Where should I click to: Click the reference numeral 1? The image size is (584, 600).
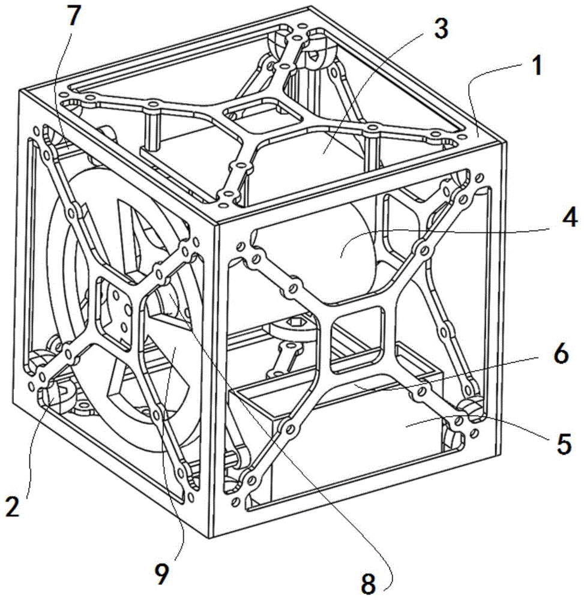click(538, 66)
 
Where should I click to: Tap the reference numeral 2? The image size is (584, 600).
click(12, 505)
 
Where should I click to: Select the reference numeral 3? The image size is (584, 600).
click(441, 29)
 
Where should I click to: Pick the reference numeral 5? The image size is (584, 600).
click(564, 443)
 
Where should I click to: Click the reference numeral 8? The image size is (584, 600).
click(368, 584)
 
